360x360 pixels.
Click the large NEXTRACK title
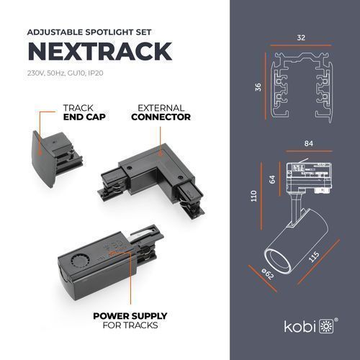point(100,51)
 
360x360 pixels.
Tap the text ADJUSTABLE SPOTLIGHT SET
point(89,32)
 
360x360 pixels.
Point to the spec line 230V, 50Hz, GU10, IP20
point(66,73)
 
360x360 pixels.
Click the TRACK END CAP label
point(84,112)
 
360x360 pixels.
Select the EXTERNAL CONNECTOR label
point(161,112)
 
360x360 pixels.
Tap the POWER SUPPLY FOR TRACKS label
point(130,320)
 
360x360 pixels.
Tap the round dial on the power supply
point(80,260)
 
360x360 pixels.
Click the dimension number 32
point(301,37)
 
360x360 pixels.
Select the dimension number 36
point(258,87)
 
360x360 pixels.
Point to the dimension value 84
point(309,143)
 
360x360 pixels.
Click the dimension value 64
point(272,179)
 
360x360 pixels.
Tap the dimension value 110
point(253,196)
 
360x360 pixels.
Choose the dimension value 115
point(314,257)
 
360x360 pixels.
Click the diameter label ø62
point(268,274)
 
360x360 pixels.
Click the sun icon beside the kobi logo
point(326,326)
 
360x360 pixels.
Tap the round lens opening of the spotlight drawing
point(276,261)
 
